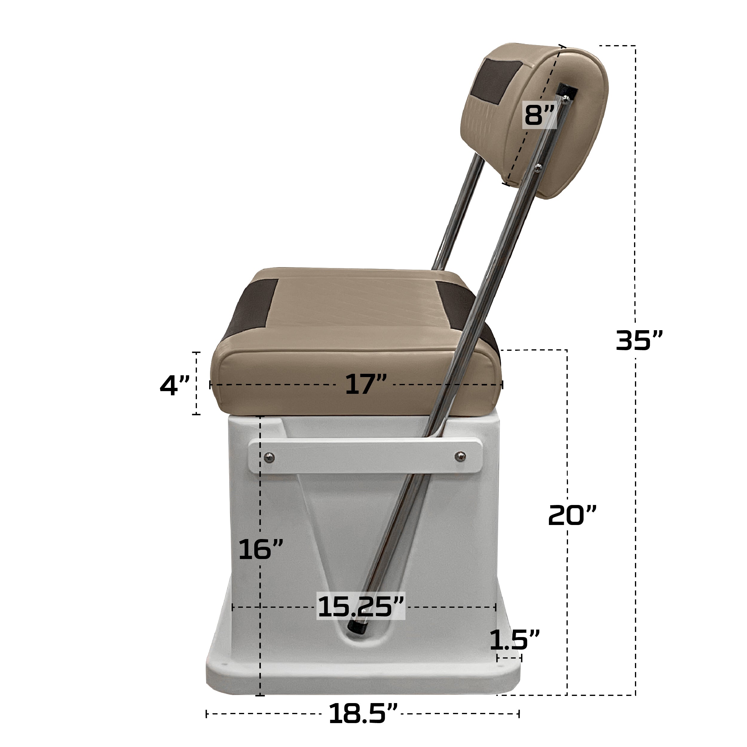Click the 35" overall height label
(x=639, y=341)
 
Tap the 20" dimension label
(x=572, y=515)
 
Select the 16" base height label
(x=261, y=549)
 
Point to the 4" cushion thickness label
(x=175, y=385)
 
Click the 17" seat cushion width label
(x=365, y=384)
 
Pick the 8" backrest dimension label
(x=539, y=115)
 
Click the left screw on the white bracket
(x=269, y=458)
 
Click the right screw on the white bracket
(x=460, y=457)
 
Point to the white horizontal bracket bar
(x=365, y=457)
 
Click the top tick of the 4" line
(x=196, y=353)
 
